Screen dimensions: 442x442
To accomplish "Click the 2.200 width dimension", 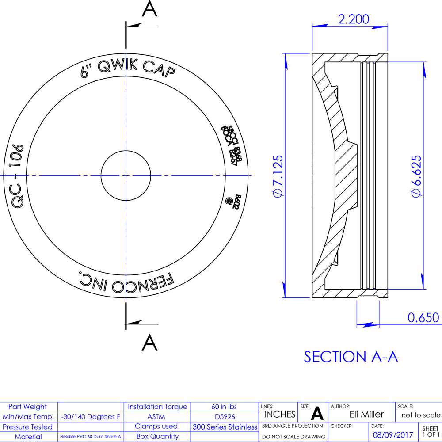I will [x=353, y=19].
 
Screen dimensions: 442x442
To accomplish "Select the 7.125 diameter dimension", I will [x=278, y=176].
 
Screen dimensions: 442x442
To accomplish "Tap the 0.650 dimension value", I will [x=423, y=317].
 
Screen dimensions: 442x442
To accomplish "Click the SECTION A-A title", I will [x=351, y=357].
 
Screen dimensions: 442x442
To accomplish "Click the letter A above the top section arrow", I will [x=150, y=10].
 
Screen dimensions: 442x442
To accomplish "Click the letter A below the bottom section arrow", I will [x=150, y=342].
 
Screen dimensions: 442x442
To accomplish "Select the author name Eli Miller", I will [x=366, y=414].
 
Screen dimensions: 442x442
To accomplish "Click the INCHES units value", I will [x=279, y=414].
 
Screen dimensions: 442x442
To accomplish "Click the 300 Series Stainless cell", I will [x=225, y=427].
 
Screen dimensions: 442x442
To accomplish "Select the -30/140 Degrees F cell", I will [x=91, y=416].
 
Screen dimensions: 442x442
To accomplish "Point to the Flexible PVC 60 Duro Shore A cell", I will [x=91, y=437].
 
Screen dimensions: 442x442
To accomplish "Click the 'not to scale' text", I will [x=420, y=415].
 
